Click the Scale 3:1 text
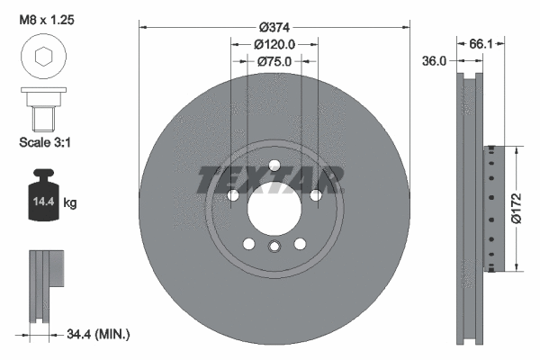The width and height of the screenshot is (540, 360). (x=44, y=141)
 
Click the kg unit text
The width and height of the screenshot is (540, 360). (x=70, y=203)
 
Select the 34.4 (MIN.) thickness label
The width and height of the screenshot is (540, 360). (x=98, y=334)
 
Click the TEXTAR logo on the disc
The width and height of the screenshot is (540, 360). (x=270, y=180)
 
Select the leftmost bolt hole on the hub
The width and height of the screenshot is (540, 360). (x=232, y=195)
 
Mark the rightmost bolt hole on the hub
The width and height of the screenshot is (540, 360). (x=316, y=195)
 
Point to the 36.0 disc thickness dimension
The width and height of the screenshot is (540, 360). (x=435, y=61)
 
